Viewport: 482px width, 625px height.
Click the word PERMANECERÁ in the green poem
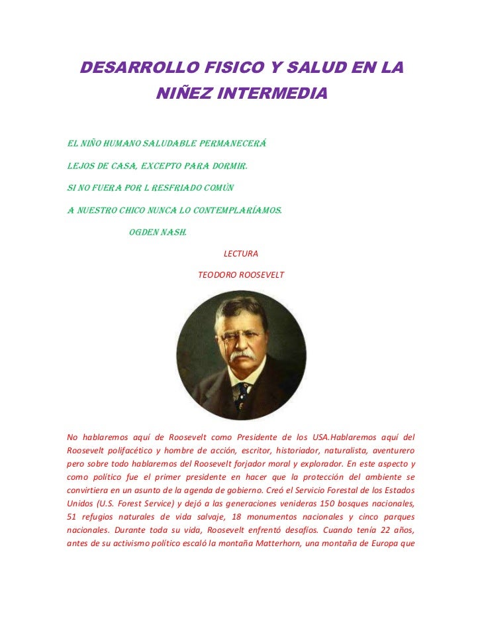(x=228, y=142)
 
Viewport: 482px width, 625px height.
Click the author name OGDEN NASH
(x=158, y=233)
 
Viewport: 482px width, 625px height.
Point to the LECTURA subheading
(x=241, y=254)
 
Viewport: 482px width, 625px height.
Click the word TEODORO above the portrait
(x=218, y=274)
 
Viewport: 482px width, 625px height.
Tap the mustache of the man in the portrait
(x=242, y=356)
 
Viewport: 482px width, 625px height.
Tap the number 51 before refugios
(x=73, y=516)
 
